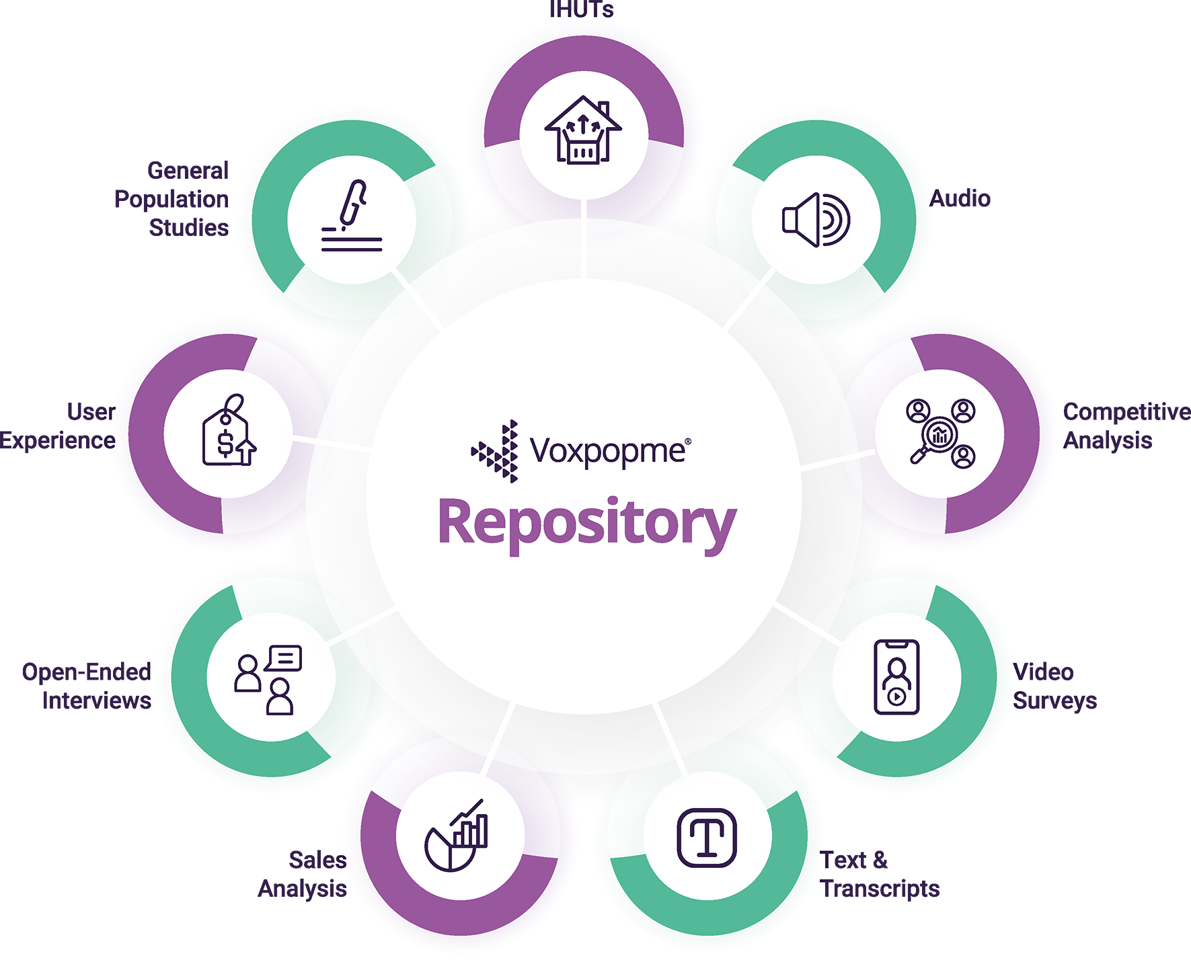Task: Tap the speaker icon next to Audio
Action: tap(816, 220)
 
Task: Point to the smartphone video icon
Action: tap(896, 676)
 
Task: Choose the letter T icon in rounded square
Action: tap(707, 838)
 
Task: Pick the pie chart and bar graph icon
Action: tap(456, 836)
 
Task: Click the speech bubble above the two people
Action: tap(285, 657)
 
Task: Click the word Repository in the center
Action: tap(587, 524)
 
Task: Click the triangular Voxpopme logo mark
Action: tap(496, 451)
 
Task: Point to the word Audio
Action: tap(960, 198)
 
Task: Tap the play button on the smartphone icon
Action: tap(896, 696)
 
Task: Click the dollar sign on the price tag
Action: tap(225, 444)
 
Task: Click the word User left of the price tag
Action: tap(91, 411)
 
